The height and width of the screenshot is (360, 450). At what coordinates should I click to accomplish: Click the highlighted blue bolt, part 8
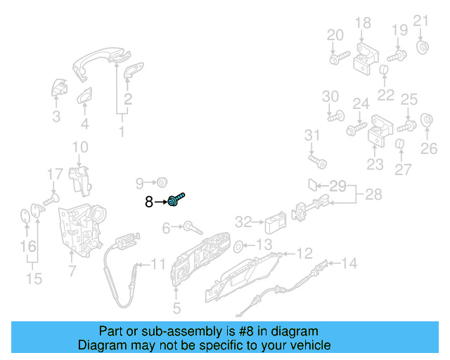point(175,202)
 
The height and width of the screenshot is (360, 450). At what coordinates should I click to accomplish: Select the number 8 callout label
point(148,202)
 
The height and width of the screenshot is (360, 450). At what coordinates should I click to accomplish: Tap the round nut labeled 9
point(161,183)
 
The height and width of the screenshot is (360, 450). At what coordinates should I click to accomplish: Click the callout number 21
point(420,20)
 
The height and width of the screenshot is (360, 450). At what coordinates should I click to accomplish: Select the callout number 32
point(243,223)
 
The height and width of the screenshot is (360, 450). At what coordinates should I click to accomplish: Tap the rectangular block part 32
point(273,224)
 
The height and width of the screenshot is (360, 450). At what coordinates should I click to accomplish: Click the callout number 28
point(373,194)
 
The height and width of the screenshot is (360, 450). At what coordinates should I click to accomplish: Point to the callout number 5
point(176,307)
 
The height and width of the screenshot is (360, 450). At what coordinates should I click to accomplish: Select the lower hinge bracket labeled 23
point(377,134)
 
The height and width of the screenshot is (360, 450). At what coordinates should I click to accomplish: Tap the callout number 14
point(349,264)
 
